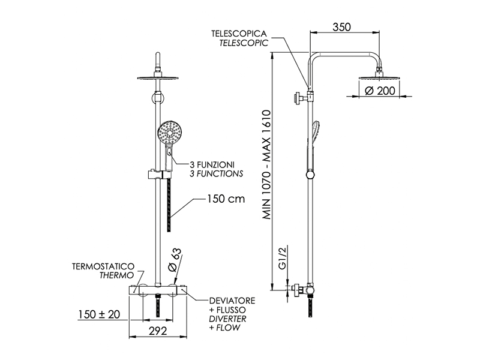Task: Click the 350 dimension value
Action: (341, 27)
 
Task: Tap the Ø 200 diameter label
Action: (380, 91)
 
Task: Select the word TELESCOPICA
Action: (239, 34)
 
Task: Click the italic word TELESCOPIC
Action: (244, 43)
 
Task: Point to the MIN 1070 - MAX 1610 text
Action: (267, 164)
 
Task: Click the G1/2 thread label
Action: (282, 258)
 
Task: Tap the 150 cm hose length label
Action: (226, 199)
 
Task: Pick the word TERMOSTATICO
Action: (103, 266)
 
